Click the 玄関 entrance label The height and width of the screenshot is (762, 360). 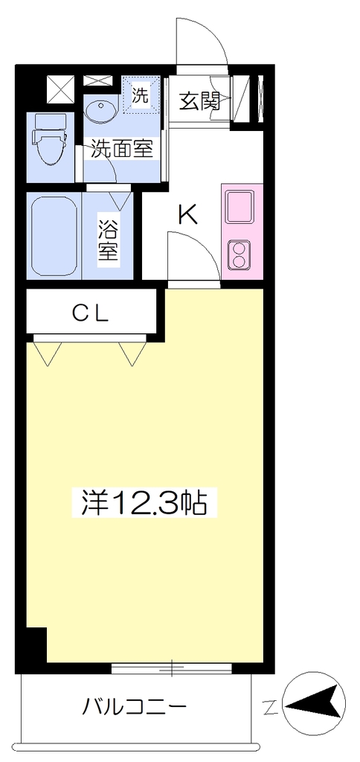(199, 101)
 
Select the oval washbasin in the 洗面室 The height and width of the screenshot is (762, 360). (101, 112)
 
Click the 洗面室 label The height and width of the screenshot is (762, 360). (123, 149)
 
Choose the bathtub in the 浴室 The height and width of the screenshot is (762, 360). (54, 236)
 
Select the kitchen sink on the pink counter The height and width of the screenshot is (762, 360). (240, 207)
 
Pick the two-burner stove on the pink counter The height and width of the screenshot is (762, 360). (239, 255)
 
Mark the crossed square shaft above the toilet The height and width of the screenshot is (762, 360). (61, 89)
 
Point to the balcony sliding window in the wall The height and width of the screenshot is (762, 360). (173, 668)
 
